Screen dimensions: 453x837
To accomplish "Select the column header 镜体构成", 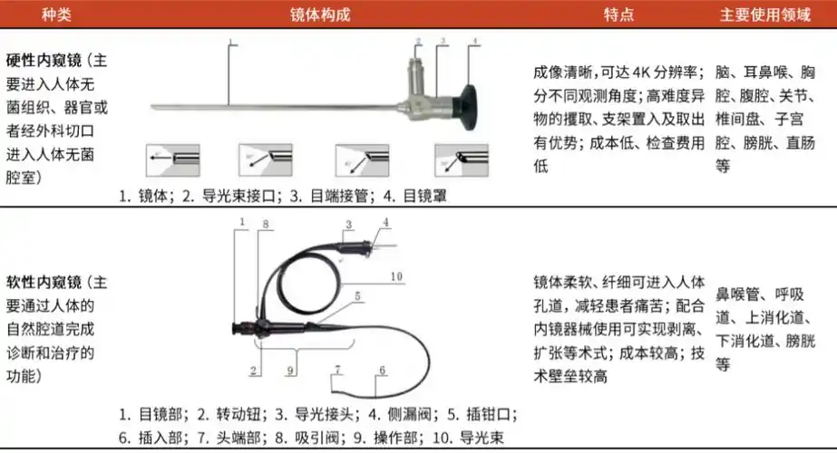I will point(318,14).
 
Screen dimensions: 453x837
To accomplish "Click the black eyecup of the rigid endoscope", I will point(472,95).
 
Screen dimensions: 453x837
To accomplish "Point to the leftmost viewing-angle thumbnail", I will point(173,159).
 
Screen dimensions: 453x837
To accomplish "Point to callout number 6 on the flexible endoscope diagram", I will point(382,371).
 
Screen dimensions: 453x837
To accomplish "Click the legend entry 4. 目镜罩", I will point(414,196).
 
